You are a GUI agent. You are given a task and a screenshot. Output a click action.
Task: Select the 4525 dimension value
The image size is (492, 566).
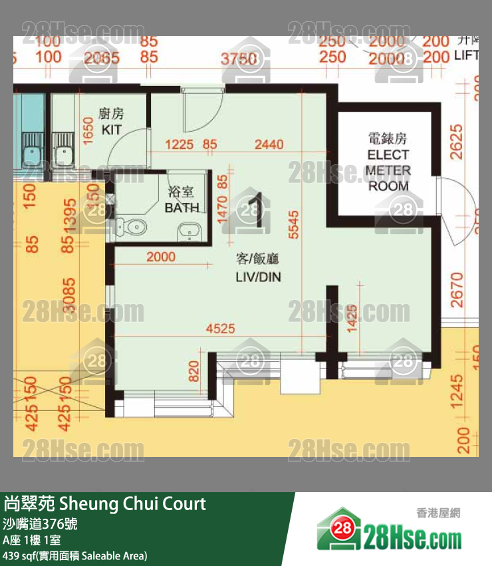[x=220, y=327]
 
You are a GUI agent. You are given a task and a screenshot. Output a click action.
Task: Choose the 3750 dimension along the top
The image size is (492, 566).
[x=239, y=59]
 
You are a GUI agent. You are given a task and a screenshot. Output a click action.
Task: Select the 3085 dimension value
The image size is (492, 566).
[x=68, y=300]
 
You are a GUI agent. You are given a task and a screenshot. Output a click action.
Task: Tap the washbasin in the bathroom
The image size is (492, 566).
[x=188, y=232]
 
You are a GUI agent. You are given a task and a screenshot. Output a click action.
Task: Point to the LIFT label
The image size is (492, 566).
[x=466, y=57]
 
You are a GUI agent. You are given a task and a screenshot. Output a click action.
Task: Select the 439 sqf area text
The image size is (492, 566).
[x=74, y=555]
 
